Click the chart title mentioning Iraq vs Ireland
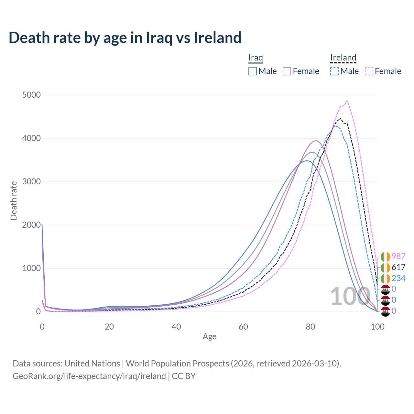tap(125, 38)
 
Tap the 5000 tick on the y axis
tap(31, 95)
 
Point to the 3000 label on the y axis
tap(31, 181)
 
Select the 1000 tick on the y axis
tap(31, 268)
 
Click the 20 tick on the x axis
tap(109, 327)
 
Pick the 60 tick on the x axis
tap(244, 327)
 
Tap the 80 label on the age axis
tap(310, 327)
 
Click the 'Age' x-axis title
tap(210, 336)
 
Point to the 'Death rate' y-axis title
tap(14, 201)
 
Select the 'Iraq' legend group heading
tap(256, 58)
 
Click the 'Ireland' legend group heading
tap(343, 58)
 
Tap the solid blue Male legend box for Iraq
tap(253, 71)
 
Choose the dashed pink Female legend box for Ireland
tap(369, 71)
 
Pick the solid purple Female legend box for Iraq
tap(287, 71)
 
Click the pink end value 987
tap(398, 256)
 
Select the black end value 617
tap(398, 267)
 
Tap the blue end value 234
tap(398, 278)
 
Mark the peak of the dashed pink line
tap(347, 101)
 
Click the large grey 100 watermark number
tap(350, 296)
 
